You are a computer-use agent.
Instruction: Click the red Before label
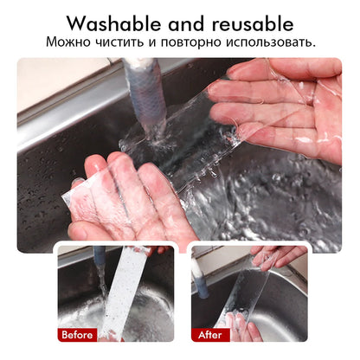coord(77,333)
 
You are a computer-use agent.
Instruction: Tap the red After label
coord(209,333)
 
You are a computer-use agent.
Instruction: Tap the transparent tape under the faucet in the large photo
coord(177,151)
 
